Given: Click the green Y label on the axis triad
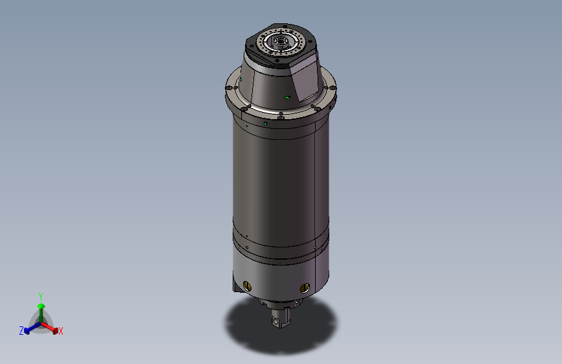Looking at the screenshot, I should click(40, 295).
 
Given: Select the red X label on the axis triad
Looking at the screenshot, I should click(61, 332).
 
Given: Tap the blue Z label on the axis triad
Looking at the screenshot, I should click(21, 331).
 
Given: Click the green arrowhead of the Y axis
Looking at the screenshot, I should click(41, 306).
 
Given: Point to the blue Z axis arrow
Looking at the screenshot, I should click(29, 328).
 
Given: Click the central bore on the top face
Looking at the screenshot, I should click(281, 43).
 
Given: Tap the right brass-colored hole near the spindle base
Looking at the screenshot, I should click(305, 288).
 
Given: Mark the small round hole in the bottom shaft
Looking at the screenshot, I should click(276, 320).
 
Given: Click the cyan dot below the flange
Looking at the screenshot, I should click(266, 122).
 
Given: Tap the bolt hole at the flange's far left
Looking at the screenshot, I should click(229, 87).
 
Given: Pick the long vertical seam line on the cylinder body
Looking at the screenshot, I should click(315, 188).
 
